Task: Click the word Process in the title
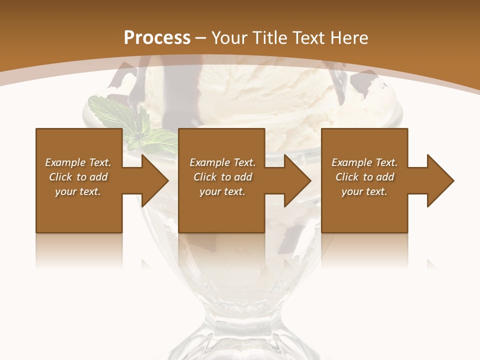pos(157,38)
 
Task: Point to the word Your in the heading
pos(230,38)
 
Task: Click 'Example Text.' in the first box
pos(78,162)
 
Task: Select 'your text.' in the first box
pos(78,191)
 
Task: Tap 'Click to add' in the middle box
pos(222,177)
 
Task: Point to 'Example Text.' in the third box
pos(364,162)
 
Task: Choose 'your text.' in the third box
pos(364,191)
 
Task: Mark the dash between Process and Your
pos(201,38)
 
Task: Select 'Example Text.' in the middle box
pos(222,162)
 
